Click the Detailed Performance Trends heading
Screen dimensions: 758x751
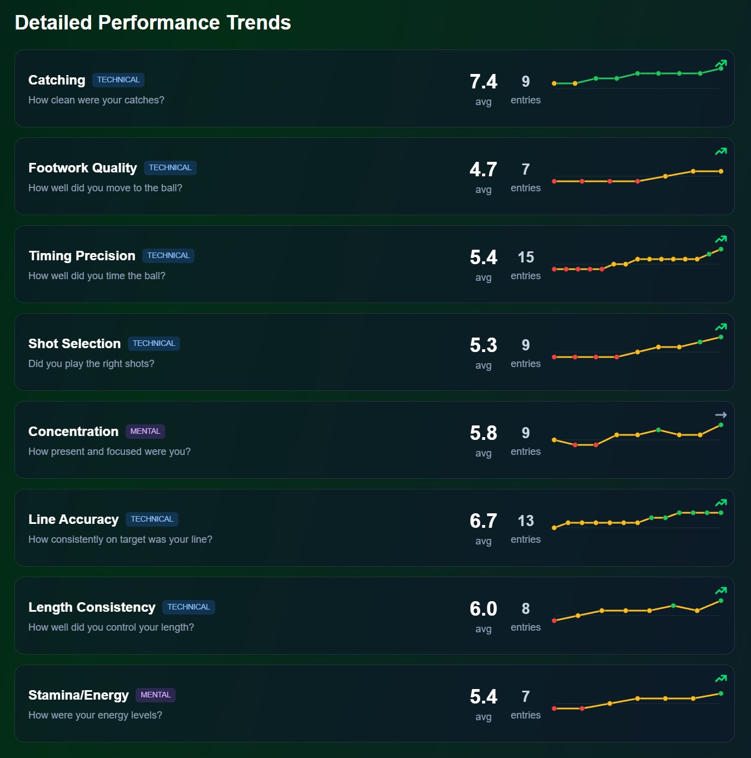point(153,23)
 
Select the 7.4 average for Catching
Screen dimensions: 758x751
point(483,82)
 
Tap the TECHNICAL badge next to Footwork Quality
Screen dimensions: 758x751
point(170,168)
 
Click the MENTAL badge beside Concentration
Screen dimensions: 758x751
point(145,432)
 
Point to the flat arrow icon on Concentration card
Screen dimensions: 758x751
point(721,415)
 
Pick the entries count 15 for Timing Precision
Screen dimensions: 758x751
point(525,257)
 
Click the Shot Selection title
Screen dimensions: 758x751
point(74,344)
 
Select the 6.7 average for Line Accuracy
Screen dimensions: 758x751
point(483,521)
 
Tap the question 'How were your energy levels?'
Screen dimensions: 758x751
point(95,715)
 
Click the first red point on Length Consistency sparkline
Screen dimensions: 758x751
point(554,621)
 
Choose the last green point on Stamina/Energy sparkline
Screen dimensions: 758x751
point(721,693)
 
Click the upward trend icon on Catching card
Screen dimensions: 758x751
point(721,63)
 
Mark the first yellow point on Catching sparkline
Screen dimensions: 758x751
point(554,83)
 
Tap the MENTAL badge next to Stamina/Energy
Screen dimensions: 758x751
point(156,695)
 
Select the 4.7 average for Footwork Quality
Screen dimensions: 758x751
point(483,170)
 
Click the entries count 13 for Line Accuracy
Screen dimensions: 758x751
point(525,521)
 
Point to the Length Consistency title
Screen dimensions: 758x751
point(92,607)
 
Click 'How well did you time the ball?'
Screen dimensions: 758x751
point(97,276)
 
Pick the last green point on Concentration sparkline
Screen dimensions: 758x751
point(721,425)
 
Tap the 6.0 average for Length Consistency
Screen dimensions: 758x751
point(483,609)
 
